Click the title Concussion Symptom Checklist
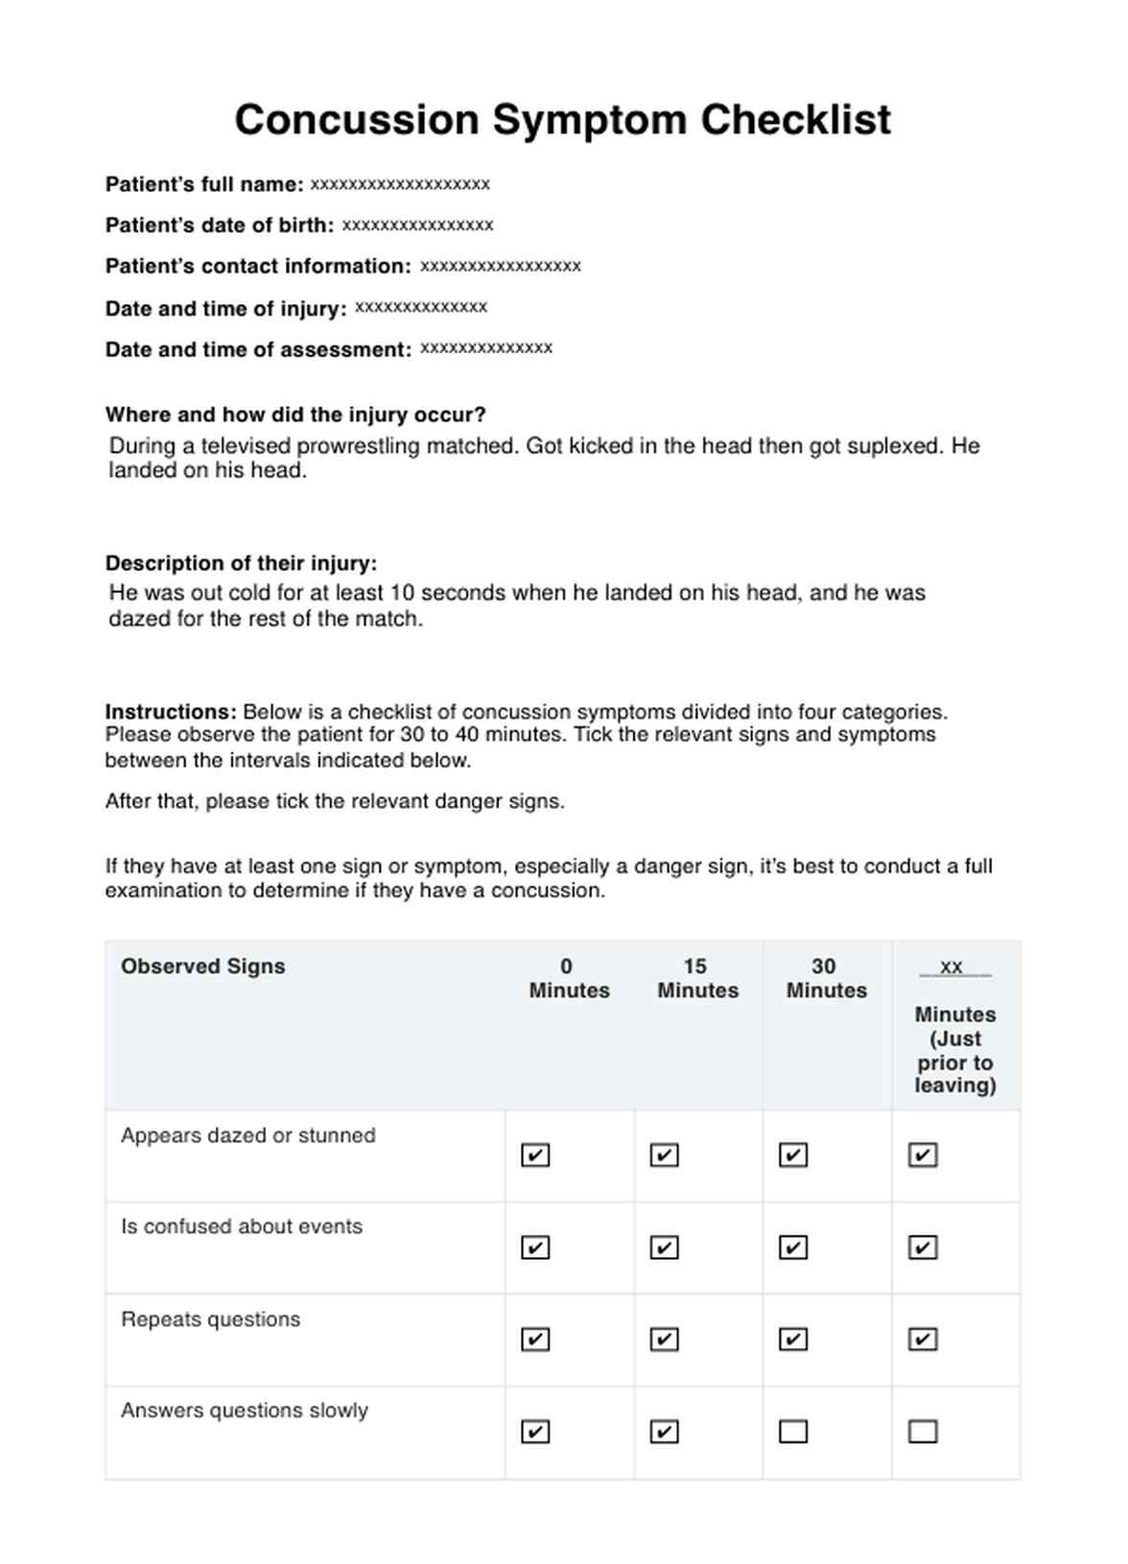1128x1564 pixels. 563,121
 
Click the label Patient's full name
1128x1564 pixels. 204,184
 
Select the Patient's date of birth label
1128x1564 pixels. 220,225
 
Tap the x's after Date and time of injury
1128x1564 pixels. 421,307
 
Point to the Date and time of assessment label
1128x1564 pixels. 258,349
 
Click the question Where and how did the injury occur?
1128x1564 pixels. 295,415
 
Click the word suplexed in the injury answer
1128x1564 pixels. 896,446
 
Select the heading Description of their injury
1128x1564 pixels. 241,563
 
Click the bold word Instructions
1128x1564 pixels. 170,712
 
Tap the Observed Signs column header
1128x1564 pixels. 203,966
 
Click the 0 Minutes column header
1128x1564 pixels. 569,978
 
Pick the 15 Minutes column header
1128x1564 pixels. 697,978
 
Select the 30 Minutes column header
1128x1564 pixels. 826,978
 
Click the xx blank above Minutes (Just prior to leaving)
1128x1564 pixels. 952,967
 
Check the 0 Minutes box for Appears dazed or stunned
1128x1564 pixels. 535,1155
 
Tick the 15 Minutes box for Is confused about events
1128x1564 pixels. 664,1247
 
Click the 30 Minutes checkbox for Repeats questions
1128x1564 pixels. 793,1339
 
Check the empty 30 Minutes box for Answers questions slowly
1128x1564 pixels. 793,1432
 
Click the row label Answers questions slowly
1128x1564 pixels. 245,1410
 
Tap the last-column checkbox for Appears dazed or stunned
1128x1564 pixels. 923,1155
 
